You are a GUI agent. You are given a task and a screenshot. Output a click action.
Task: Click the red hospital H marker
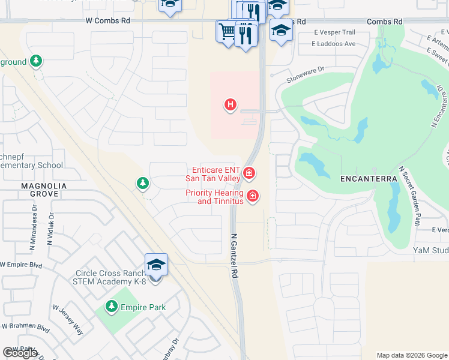tap(229, 106)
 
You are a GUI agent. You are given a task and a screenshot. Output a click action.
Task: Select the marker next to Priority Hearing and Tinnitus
tap(253, 196)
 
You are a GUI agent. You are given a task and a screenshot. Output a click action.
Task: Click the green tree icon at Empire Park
tap(111, 307)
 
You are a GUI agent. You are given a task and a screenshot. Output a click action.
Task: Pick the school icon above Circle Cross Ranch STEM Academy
tap(156, 265)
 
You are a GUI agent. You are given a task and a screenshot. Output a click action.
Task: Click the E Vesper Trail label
tap(334, 32)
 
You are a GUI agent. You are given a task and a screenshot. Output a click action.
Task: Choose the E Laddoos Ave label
tap(334, 44)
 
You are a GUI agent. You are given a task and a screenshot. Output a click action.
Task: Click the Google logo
tap(20, 353)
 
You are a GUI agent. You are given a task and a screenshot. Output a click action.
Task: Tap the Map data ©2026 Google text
tap(411, 355)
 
